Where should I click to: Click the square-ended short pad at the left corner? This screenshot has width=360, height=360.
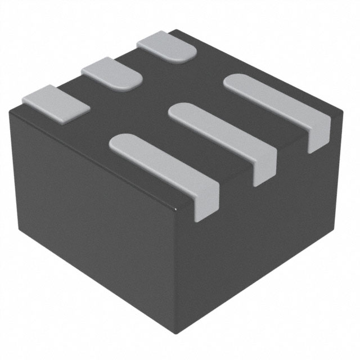55,103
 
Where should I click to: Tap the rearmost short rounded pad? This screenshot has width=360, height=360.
166,46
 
